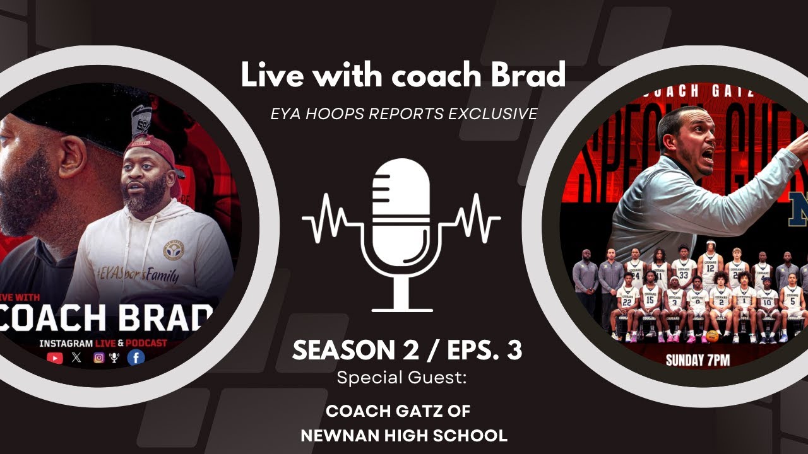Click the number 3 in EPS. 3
[514, 351]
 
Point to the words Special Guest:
[401, 378]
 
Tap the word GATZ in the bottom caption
[429, 412]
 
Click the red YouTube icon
[55, 358]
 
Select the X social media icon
[76, 358]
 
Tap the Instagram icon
[98, 358]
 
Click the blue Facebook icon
[136, 358]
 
